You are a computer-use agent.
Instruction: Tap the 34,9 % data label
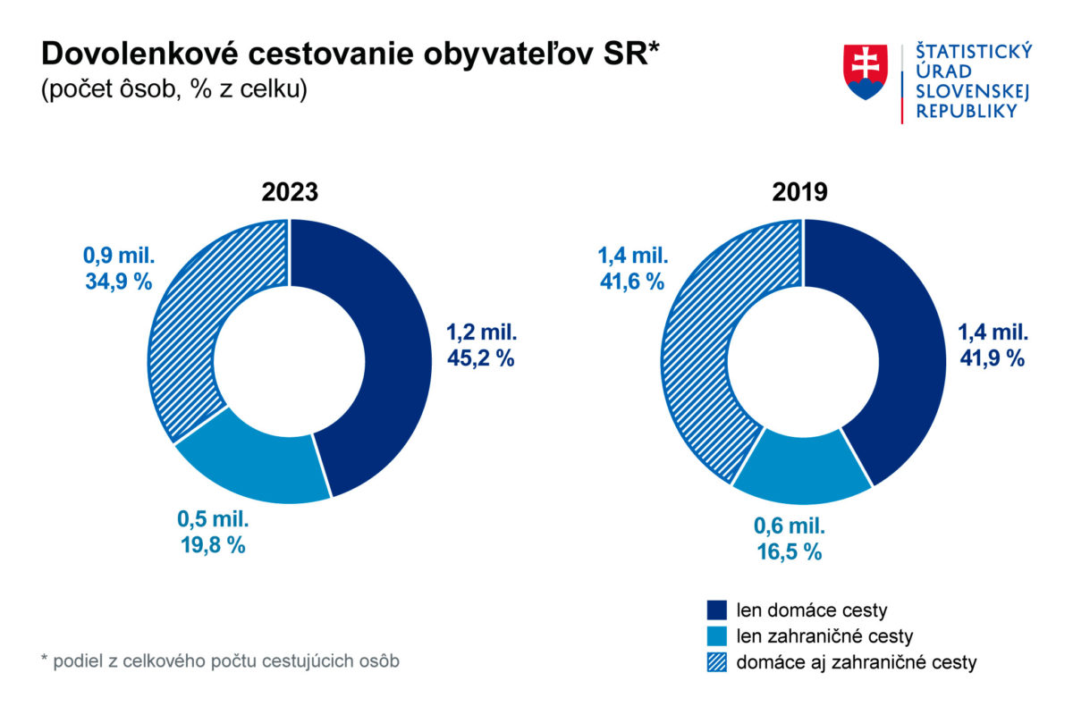[x=118, y=282]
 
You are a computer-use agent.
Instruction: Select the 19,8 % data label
[x=211, y=544]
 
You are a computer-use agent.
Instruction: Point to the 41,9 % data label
[x=992, y=358]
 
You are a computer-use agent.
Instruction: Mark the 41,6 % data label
[x=631, y=282]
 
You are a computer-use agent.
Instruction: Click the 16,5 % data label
[x=787, y=551]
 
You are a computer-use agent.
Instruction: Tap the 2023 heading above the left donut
[x=290, y=193]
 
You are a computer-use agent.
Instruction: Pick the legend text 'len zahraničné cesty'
[x=824, y=636]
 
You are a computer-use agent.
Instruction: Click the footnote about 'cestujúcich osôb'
[x=220, y=661]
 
